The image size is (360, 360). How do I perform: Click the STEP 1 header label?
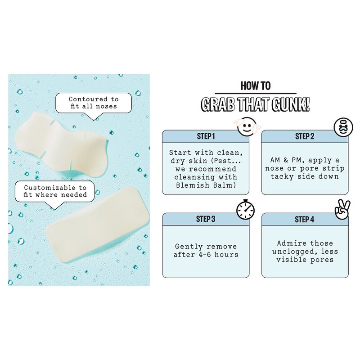click(x=206, y=136)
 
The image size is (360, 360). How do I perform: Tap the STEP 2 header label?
click(x=305, y=136)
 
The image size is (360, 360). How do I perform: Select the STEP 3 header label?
click(x=206, y=219)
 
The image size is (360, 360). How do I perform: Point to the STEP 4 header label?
click(x=305, y=219)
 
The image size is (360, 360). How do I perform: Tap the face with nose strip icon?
click(x=343, y=127)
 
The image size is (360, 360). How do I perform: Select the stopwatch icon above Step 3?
click(x=245, y=210)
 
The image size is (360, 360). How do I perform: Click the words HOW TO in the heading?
click(x=255, y=86)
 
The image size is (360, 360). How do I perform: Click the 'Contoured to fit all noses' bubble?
click(x=94, y=103)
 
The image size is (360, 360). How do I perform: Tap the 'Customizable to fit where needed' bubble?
click(x=55, y=191)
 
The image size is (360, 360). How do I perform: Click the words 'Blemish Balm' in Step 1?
click(x=206, y=184)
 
